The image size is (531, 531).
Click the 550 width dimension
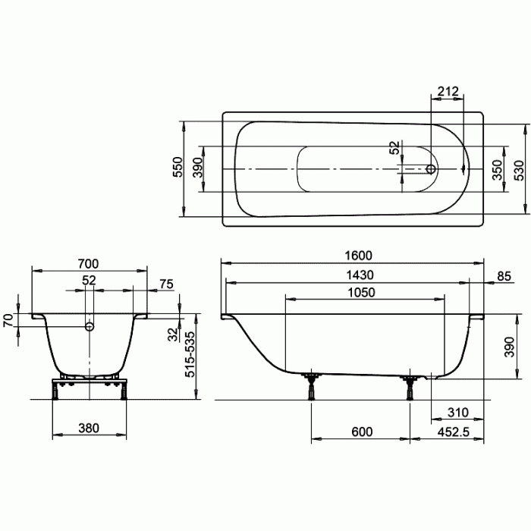point(177,167)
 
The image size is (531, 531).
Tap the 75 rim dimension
point(166,284)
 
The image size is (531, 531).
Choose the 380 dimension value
point(89,429)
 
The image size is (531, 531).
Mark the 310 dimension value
point(457,413)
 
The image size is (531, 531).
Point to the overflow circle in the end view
point(90,327)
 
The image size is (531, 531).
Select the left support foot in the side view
point(311,386)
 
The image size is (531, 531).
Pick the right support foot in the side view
point(410,386)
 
